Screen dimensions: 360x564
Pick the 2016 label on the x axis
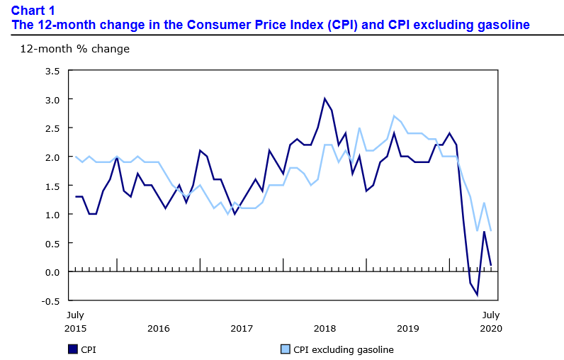coord(159,328)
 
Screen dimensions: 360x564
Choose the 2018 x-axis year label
coord(325,328)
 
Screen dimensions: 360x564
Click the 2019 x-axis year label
coord(407,328)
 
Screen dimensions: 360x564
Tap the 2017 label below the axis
coord(242,328)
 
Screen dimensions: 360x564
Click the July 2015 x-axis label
coord(76,321)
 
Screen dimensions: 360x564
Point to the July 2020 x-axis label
coord(491,321)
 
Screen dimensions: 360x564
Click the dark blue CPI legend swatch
coord(72,349)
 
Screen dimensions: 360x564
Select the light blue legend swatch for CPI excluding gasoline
coord(286,349)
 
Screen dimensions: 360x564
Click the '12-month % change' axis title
coord(74,50)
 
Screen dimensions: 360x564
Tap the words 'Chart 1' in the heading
coord(33,10)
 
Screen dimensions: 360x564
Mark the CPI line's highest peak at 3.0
coord(325,99)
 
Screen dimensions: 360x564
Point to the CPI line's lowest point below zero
coord(477,294)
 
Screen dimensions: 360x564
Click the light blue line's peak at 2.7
coord(394,116)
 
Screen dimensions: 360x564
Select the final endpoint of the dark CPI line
coord(491,266)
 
